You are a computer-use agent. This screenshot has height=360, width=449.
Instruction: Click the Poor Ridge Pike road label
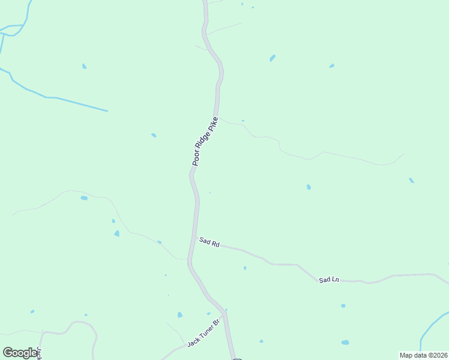click(x=204, y=141)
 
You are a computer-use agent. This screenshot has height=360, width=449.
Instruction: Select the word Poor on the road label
click(x=196, y=158)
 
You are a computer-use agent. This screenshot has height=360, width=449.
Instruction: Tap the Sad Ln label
click(x=329, y=280)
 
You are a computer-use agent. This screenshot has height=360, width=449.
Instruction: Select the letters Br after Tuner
click(x=218, y=323)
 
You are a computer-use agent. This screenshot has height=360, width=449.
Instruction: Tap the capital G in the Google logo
click(x=8, y=353)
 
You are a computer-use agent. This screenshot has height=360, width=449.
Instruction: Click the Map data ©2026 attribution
click(x=423, y=355)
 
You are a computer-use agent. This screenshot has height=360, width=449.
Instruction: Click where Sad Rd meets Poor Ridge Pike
click(x=194, y=239)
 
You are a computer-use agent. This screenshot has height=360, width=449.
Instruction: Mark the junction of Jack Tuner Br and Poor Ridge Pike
click(x=224, y=315)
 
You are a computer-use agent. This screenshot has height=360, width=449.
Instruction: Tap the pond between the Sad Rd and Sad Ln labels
click(x=245, y=268)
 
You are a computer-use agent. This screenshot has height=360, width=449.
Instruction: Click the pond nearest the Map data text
click(x=345, y=343)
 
